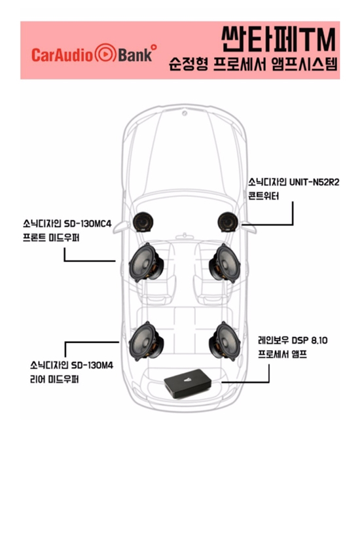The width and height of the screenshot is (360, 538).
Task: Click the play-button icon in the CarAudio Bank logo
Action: pyautogui.click(x=105, y=53)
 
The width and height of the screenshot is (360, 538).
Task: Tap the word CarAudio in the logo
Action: pyautogui.click(x=62, y=55)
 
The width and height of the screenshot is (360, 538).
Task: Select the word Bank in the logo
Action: pyautogui.click(x=135, y=55)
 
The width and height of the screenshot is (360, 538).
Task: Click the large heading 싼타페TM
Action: pyautogui.click(x=278, y=39)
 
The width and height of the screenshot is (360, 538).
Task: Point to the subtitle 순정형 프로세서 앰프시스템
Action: pyautogui.click(x=253, y=64)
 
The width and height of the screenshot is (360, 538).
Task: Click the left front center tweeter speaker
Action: pyautogui.click(x=143, y=222)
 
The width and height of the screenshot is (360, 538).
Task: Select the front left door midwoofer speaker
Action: pyautogui.click(x=146, y=262)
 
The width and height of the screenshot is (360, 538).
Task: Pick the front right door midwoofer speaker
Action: pyautogui.click(x=225, y=263)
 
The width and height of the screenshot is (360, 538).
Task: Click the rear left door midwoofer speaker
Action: pyautogui.click(x=146, y=341)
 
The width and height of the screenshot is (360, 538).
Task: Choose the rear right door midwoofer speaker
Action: pyautogui.click(x=225, y=342)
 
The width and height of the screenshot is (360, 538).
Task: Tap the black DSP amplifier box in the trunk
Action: pyautogui.click(x=187, y=384)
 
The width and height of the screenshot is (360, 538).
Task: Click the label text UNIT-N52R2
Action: pyautogui.click(x=314, y=182)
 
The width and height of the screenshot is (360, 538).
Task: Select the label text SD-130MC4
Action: pyautogui.click(x=88, y=224)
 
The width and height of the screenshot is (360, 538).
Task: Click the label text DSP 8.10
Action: pyautogui.click(x=310, y=340)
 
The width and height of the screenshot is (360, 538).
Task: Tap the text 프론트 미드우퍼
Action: pyautogui.click(x=51, y=238)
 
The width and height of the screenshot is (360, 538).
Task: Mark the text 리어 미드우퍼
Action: pyautogui.click(x=54, y=379)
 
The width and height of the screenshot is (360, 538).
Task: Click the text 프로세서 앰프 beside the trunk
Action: pyautogui.click(x=282, y=354)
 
